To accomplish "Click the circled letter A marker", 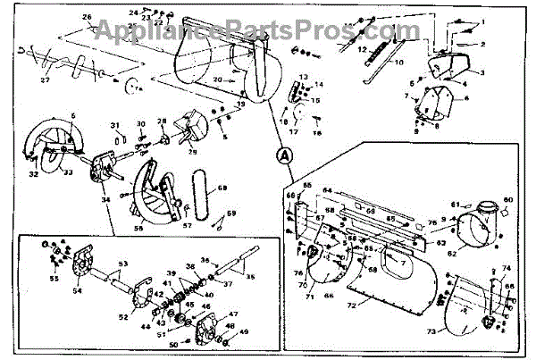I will click(285, 154).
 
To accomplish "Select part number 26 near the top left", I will click(88, 17).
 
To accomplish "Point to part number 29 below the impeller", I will click(192, 153).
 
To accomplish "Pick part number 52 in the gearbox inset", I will click(123, 316).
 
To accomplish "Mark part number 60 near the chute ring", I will click(509, 198).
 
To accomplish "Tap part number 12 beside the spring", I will click(364, 50).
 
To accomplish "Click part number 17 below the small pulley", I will click(293, 130).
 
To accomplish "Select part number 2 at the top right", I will click(483, 44).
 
